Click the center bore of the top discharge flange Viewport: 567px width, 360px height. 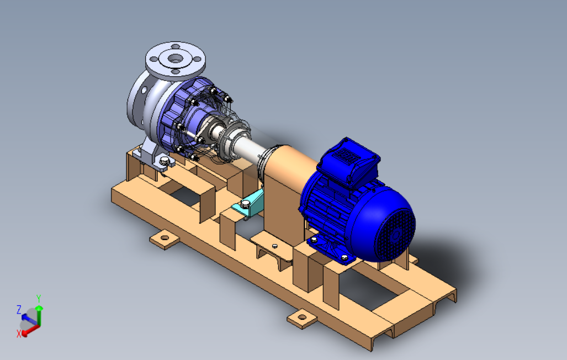coord(176,58)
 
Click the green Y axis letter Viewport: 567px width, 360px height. coord(39,299)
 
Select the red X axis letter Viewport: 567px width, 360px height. coord(19,333)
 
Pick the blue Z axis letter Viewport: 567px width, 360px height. coord(19,310)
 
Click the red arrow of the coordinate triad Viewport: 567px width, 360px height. coord(31,330)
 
